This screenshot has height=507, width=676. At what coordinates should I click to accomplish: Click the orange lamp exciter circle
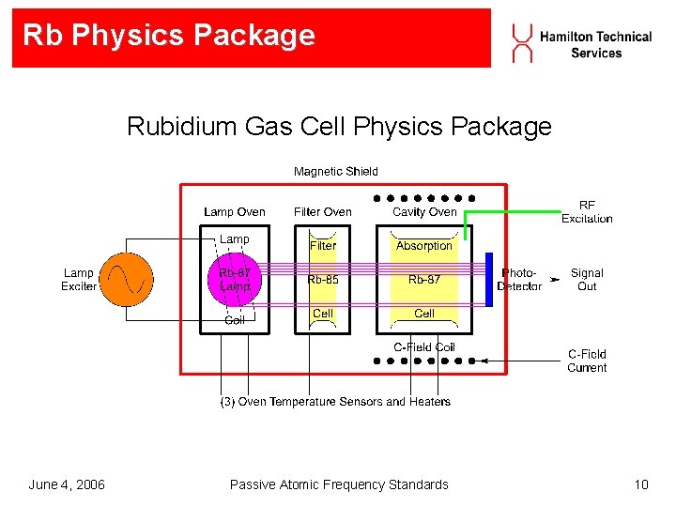[126, 279]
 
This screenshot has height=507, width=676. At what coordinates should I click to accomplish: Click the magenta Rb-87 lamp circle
[235, 280]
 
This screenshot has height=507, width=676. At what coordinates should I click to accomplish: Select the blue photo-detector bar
[488, 279]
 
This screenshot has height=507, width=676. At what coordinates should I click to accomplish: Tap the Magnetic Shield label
[335, 171]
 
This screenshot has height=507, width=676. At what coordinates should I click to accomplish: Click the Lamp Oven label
[234, 212]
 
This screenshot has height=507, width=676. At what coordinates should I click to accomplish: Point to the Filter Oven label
[322, 212]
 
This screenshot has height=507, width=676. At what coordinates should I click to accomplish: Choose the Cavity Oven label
[424, 212]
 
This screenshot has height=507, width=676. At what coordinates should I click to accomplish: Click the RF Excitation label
[587, 211]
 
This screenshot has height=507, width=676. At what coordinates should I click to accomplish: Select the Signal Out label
[587, 279]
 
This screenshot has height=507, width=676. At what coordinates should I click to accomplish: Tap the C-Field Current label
[587, 361]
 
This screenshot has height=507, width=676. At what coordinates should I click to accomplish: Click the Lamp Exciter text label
[79, 279]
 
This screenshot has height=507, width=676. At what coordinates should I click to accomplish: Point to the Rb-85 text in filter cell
[322, 279]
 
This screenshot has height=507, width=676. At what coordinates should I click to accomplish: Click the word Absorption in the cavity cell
[424, 246]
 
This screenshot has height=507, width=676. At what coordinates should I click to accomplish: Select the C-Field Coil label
[424, 347]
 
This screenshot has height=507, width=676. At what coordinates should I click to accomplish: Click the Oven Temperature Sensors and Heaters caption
[335, 402]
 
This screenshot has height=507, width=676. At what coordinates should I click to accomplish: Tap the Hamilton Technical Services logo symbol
[521, 42]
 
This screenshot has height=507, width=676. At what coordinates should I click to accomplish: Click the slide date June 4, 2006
[67, 484]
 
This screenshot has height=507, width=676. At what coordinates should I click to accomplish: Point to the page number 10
[641, 484]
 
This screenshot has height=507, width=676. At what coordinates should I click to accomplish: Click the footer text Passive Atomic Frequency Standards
[339, 484]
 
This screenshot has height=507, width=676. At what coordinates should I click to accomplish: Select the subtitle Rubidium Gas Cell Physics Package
[339, 126]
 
